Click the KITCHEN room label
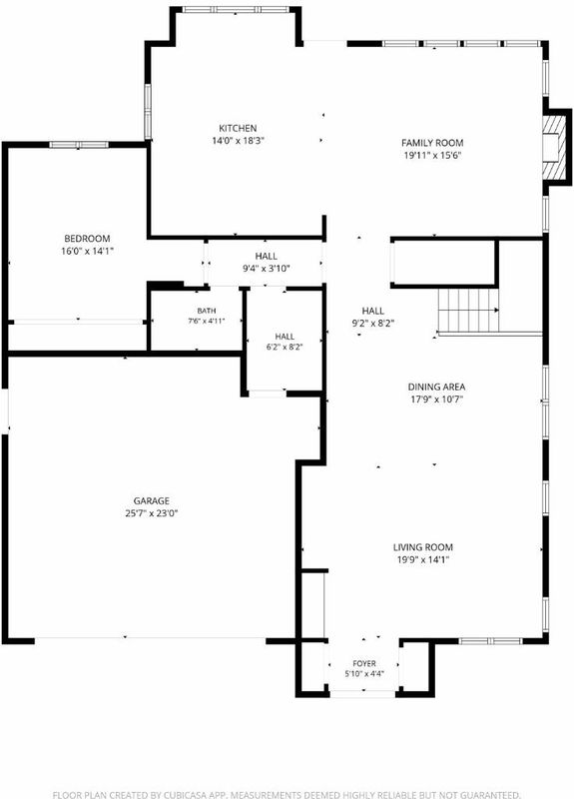point(238,129)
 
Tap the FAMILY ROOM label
point(432,143)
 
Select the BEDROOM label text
point(87,239)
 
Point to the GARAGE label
point(152,501)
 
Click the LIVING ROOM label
point(422,547)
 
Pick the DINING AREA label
point(436,387)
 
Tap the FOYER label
point(364,663)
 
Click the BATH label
point(207,311)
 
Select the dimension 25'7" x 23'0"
point(152,513)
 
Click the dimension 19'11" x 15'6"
point(432,156)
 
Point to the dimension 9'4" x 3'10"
point(267,269)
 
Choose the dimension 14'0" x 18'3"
point(238,141)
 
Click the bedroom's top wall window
point(79,145)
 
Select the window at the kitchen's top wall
point(236,10)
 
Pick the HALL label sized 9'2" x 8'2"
point(373,311)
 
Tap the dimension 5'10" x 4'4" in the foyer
point(364,674)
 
